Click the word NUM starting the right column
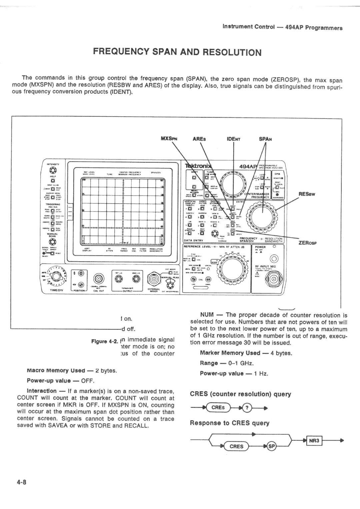pyautogui.click(x=207, y=315)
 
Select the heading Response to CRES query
pyautogui.click(x=230, y=423)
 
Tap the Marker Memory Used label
pyautogui.click(x=230, y=353)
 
